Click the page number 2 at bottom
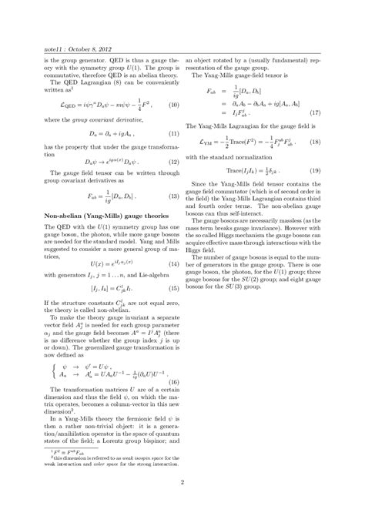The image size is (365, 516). click(x=182, y=483)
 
